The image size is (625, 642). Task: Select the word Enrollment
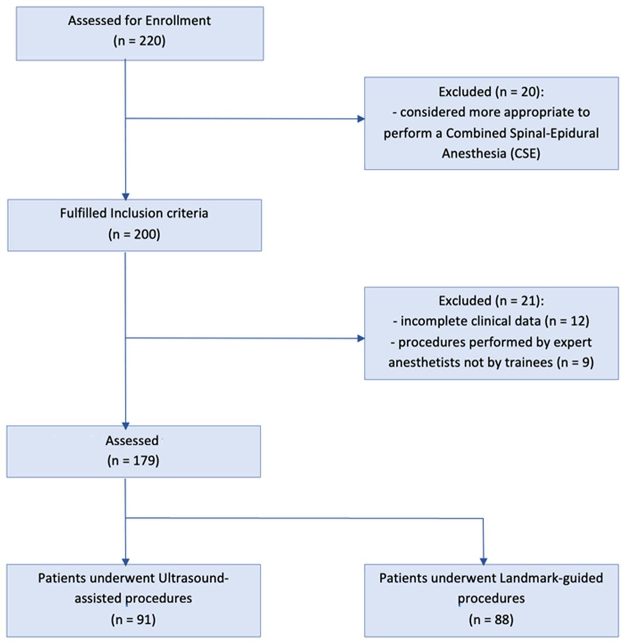(x=178, y=21)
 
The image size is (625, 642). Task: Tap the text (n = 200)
(x=134, y=234)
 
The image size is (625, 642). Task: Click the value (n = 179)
(x=133, y=461)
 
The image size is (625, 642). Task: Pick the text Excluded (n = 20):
(x=491, y=91)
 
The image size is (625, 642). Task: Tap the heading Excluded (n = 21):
(x=491, y=301)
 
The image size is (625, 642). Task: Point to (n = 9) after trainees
(x=575, y=363)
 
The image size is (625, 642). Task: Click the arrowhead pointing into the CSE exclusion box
(x=361, y=119)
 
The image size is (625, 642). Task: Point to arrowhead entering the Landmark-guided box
(x=483, y=562)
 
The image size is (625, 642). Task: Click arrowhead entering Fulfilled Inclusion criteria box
(x=125, y=196)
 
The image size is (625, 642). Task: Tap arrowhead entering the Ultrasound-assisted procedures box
(x=125, y=562)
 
